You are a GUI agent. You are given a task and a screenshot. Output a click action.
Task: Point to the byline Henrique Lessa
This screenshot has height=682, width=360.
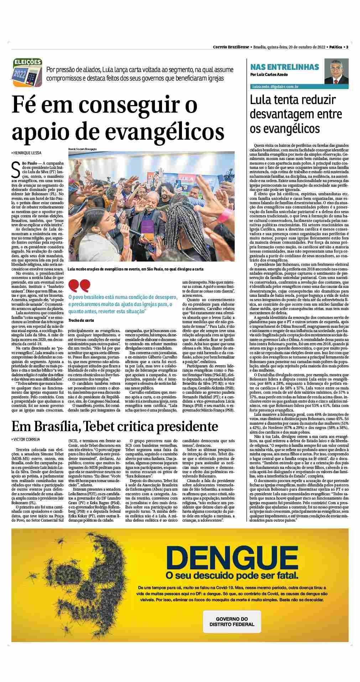pyautogui.click(x=27, y=153)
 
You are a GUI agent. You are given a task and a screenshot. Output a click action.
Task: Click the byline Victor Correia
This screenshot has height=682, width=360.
pyautogui.click(x=26, y=439)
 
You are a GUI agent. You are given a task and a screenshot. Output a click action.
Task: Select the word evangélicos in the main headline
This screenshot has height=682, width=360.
pyautogui.click(x=169, y=131)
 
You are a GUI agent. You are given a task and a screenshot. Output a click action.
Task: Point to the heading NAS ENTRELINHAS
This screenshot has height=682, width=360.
pyautogui.click(x=285, y=67)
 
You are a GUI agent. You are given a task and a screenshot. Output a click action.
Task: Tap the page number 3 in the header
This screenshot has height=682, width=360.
pyautogui.click(x=347, y=47)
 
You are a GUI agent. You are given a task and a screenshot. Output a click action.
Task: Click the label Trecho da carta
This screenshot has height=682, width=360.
pyautogui.click(x=81, y=320)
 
